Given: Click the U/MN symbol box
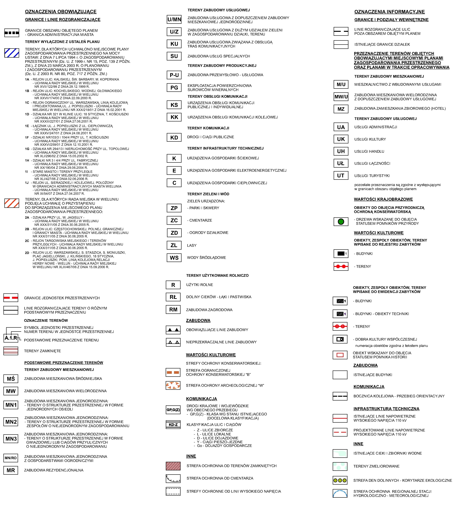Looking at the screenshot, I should (x=174, y=19).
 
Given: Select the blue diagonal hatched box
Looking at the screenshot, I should (x=12, y=53).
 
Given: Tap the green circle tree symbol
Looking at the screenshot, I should (x=341, y=222).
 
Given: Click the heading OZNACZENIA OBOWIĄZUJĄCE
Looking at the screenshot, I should (x=61, y=12).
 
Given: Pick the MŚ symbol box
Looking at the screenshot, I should (x=11, y=379).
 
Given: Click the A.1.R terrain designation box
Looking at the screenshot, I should (x=11, y=338).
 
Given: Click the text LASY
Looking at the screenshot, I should (x=192, y=245).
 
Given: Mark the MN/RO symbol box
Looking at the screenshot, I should (x=11, y=458).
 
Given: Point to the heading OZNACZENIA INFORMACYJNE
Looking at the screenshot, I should (x=389, y=12).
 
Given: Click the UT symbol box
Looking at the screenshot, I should (x=341, y=175).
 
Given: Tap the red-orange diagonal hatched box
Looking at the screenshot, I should (x=12, y=203).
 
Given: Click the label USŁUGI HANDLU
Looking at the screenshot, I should (x=369, y=151).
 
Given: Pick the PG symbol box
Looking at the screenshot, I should (x=174, y=88).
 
